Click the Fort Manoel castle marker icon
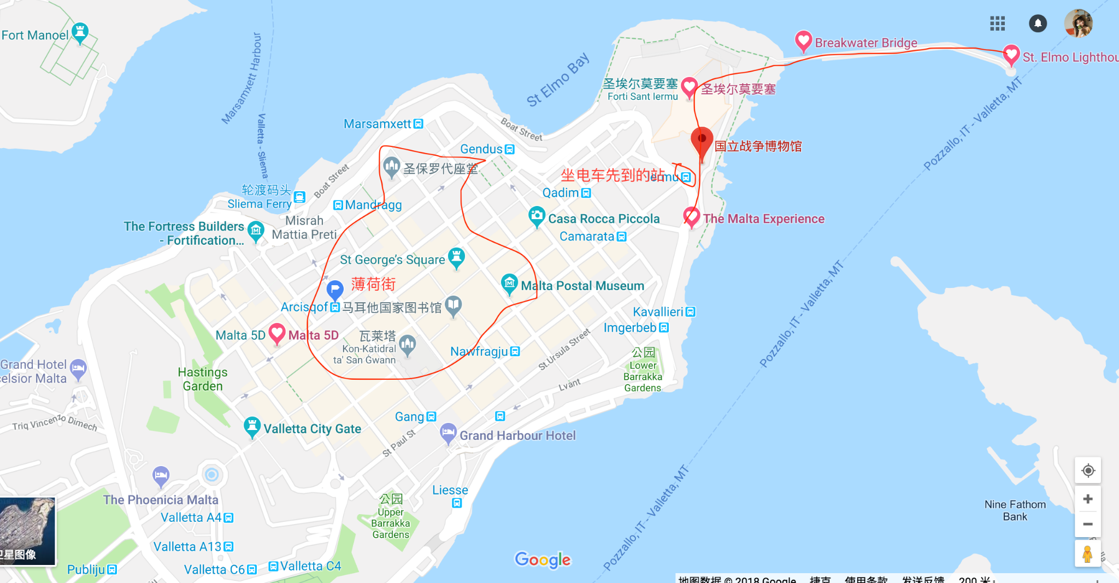click(80, 32)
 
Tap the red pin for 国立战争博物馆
click(702, 140)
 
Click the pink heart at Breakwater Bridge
click(803, 40)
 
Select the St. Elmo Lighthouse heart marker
click(1011, 54)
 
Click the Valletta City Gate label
click(312, 429)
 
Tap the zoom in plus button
click(1087, 499)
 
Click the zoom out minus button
click(1087, 524)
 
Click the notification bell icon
click(1038, 23)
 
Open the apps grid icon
click(997, 23)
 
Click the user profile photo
click(1078, 23)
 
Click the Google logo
click(543, 560)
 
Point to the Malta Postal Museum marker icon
click(509, 283)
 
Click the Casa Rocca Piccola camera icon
click(537, 216)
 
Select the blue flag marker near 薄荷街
click(334, 289)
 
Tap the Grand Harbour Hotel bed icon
click(448, 433)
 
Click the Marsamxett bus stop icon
click(419, 124)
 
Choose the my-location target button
click(1087, 470)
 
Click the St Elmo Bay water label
click(558, 80)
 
